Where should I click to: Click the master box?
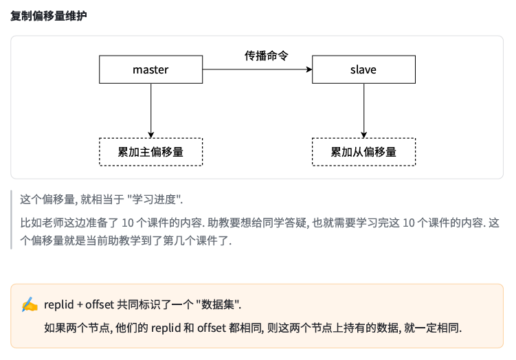pyautogui.click(x=150, y=70)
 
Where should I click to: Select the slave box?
pyautogui.click(x=363, y=70)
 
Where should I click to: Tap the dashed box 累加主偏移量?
pyautogui.click(x=150, y=152)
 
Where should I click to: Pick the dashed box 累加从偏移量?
pyautogui.click(x=363, y=152)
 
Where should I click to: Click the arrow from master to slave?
pyautogui.click(x=257, y=70)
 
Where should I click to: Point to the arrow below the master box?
pyautogui.click(x=150, y=110)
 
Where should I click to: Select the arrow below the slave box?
pyautogui.click(x=363, y=110)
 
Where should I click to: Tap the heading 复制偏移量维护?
pyautogui.click(x=48, y=15)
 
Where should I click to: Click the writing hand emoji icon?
pyautogui.click(x=30, y=304)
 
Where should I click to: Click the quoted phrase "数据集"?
pyautogui.click(x=218, y=304)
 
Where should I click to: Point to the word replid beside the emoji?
pyautogui.click(x=58, y=304)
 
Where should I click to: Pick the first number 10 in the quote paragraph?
pyautogui.click(x=128, y=223)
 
